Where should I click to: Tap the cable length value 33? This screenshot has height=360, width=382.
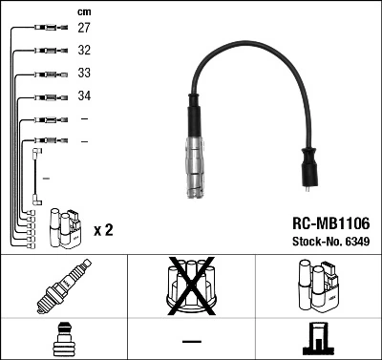coord(84,74)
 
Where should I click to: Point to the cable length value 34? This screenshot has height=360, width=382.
coord(84,96)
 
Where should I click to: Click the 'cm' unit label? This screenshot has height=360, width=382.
coord(84,11)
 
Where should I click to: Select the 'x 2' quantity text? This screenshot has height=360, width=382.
coord(103,231)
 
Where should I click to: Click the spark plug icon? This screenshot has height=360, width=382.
coord(63,286)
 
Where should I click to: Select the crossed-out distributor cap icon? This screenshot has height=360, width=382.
coord(191,286)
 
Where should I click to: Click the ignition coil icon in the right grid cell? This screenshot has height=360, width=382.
coord(318,286)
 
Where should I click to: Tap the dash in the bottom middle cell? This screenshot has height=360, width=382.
coord(191,340)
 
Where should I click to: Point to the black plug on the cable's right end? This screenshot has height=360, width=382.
coord(310,169)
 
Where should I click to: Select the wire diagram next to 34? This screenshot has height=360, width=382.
coord(45,96)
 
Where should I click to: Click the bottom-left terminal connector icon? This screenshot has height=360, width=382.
coord(63,340)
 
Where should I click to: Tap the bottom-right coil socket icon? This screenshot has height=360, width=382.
coord(318,340)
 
